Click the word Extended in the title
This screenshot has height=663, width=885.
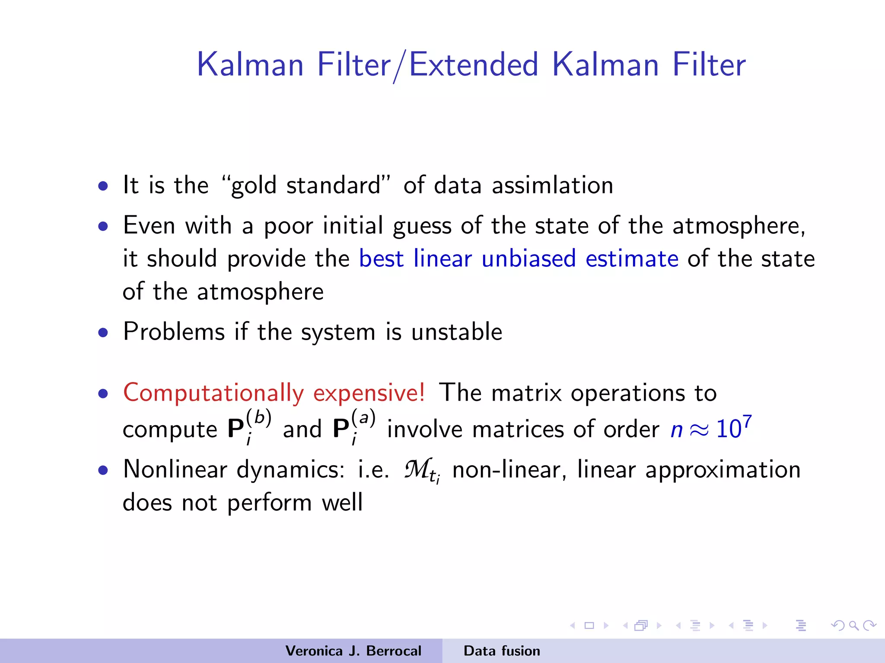coord(474,65)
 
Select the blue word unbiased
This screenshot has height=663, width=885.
coord(528,259)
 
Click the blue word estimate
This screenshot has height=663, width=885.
coord(632,259)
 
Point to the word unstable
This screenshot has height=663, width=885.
coord(456,332)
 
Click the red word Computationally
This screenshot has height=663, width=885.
coord(213,393)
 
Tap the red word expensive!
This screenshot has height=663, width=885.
coord(369,393)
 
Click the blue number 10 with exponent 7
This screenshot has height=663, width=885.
coord(733,428)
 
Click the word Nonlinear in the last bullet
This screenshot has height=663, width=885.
coord(175,470)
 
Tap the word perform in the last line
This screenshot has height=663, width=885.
coord(269,503)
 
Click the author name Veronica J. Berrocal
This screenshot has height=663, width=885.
coord(353,651)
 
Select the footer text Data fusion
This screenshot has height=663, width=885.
coord(501,651)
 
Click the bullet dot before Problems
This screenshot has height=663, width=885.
coord(103,333)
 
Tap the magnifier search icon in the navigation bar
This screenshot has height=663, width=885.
coord(853,625)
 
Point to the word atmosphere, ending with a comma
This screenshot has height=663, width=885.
coord(738,226)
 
